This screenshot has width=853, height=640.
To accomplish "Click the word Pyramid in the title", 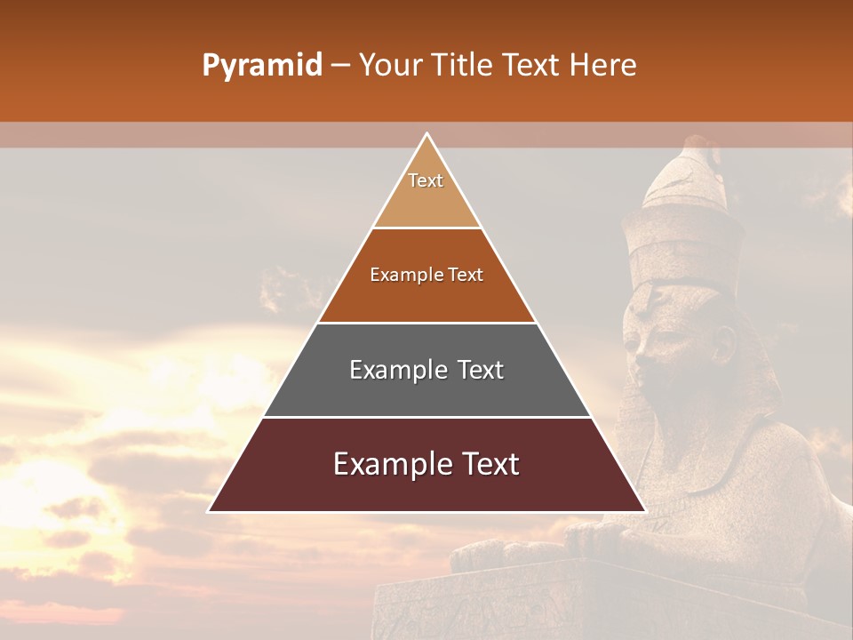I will click(261, 66).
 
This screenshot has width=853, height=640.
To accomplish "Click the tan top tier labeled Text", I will click(426, 191).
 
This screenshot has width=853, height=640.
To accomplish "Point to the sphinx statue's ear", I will click(725, 341).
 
